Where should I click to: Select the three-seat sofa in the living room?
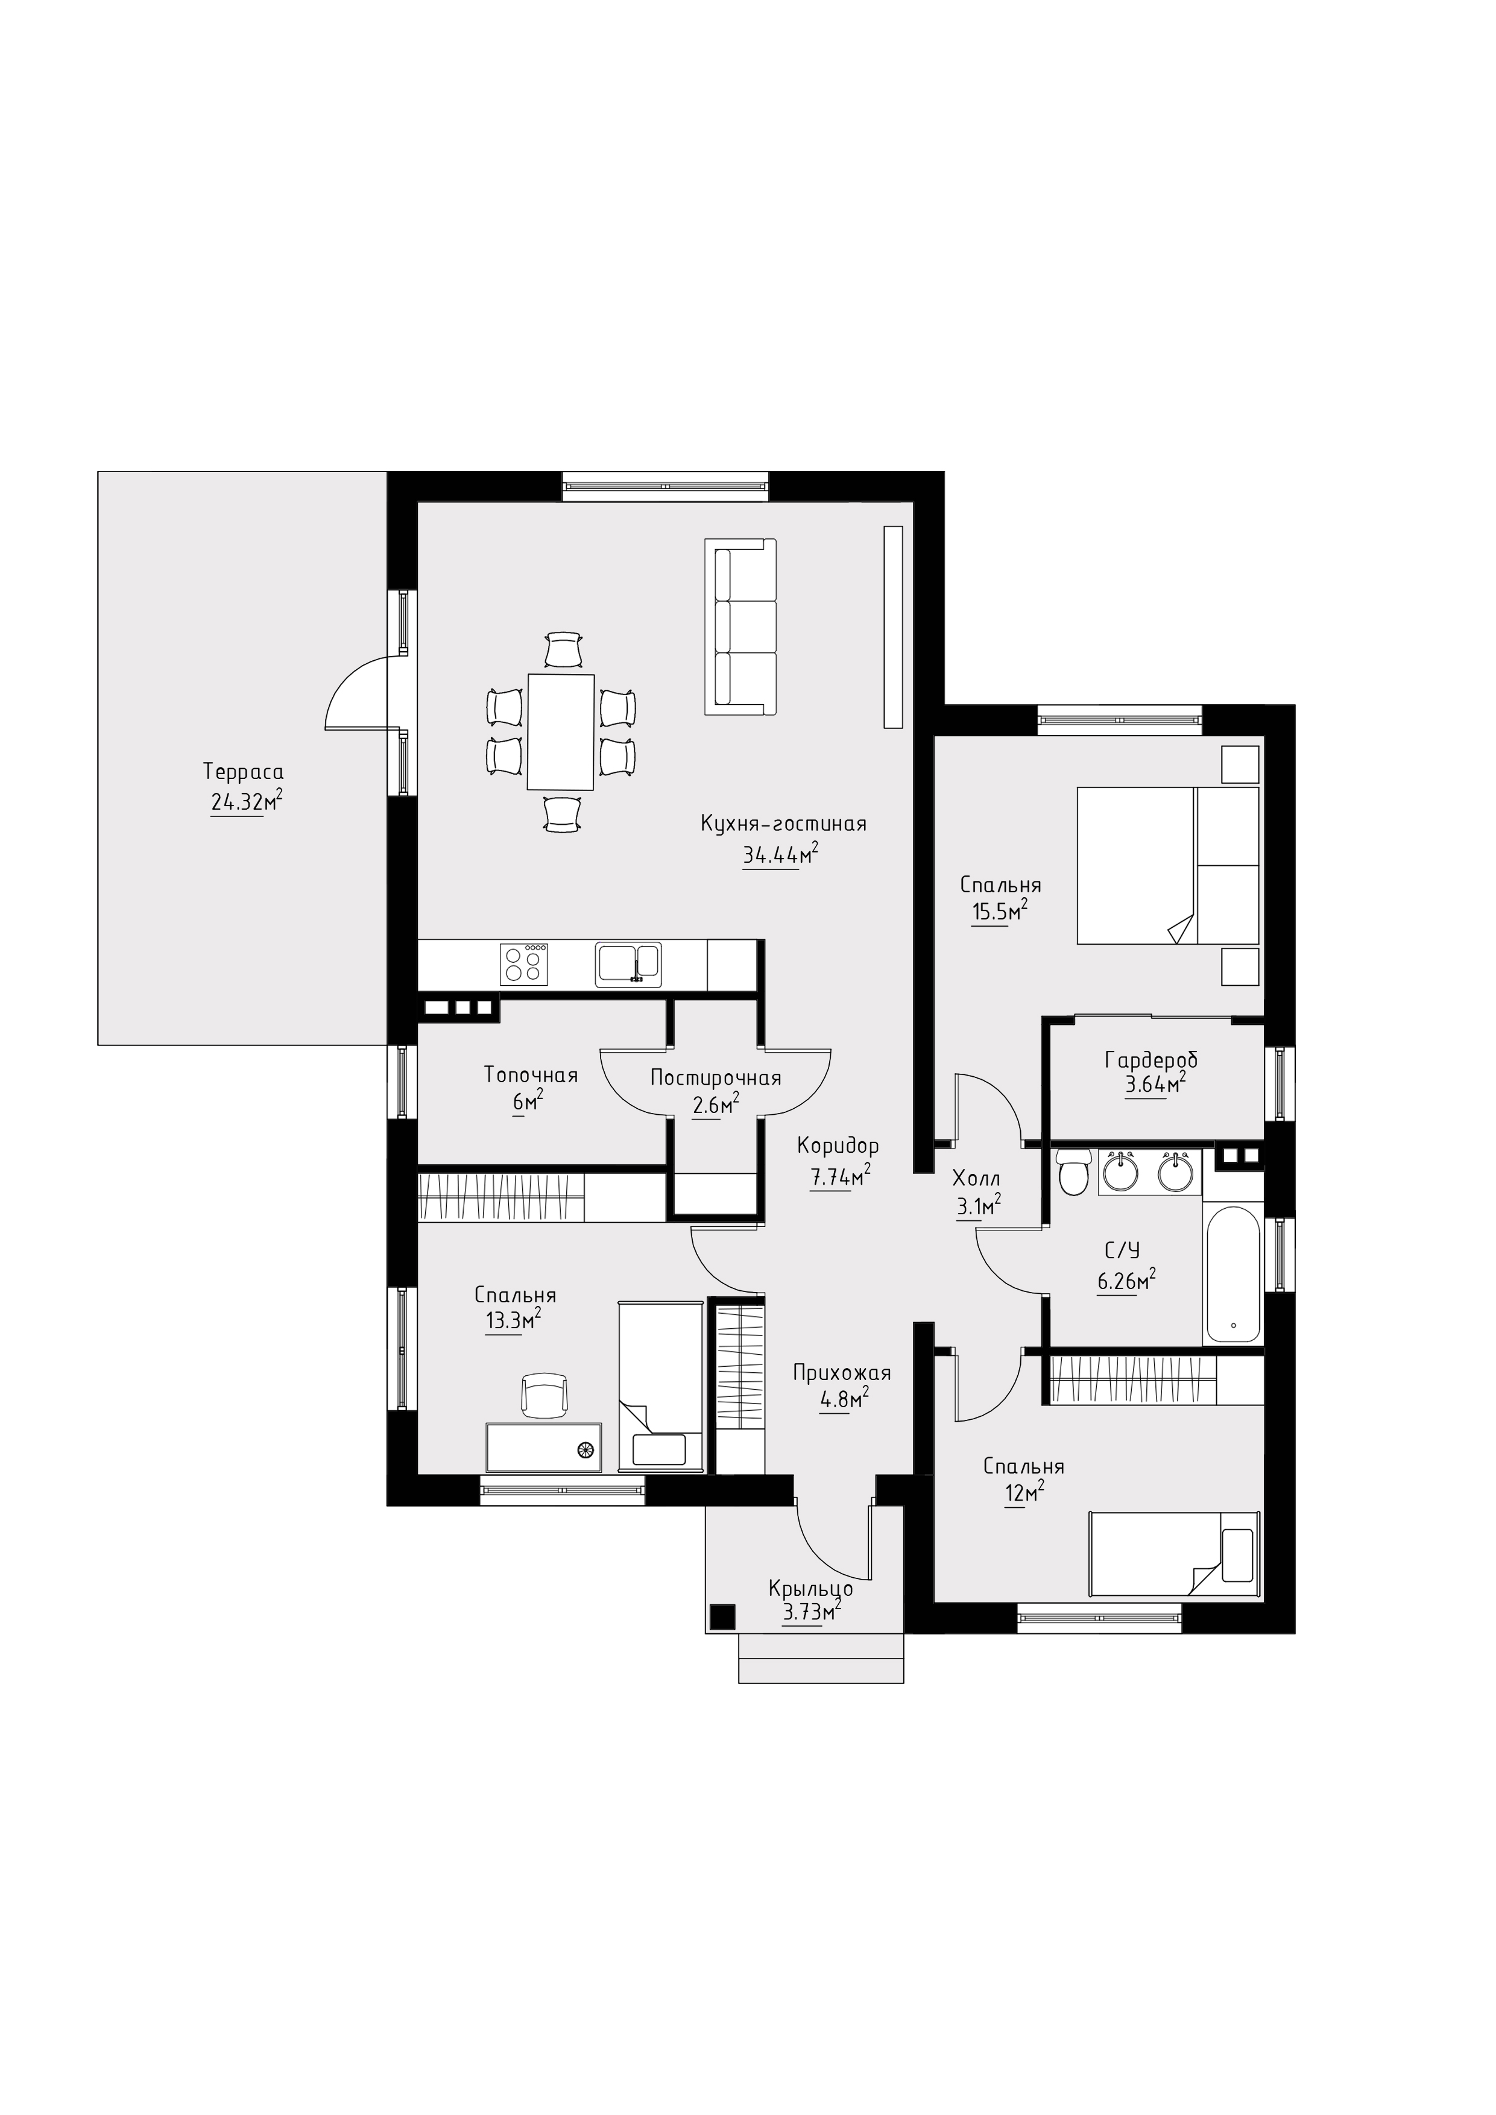tap(740, 626)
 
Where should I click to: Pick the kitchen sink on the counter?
tap(628, 963)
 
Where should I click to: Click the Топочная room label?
tap(531, 1075)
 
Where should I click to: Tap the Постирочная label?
tap(716, 1078)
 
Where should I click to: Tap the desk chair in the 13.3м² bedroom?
tap(544, 1396)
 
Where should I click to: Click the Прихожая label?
tap(842, 1373)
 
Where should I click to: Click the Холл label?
tap(976, 1178)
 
